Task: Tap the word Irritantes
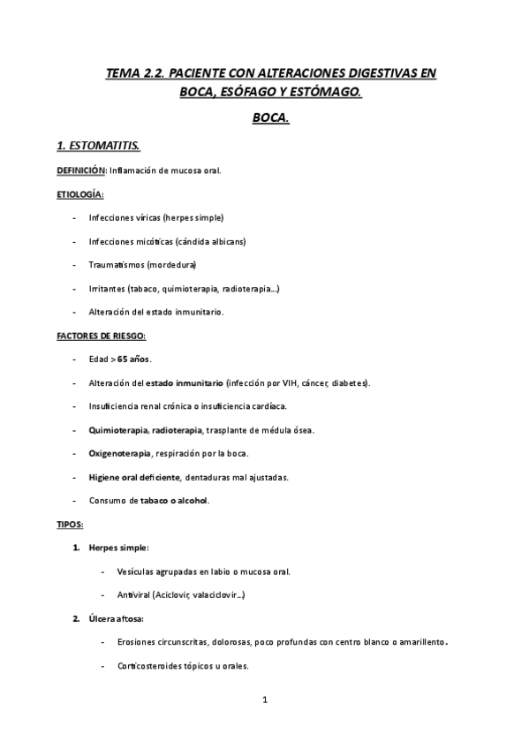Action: coord(107,288)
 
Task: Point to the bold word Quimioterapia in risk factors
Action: coord(117,430)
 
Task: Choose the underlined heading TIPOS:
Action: coord(70,525)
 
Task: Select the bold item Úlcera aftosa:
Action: coord(116,619)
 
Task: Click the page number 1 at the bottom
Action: coord(264,700)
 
